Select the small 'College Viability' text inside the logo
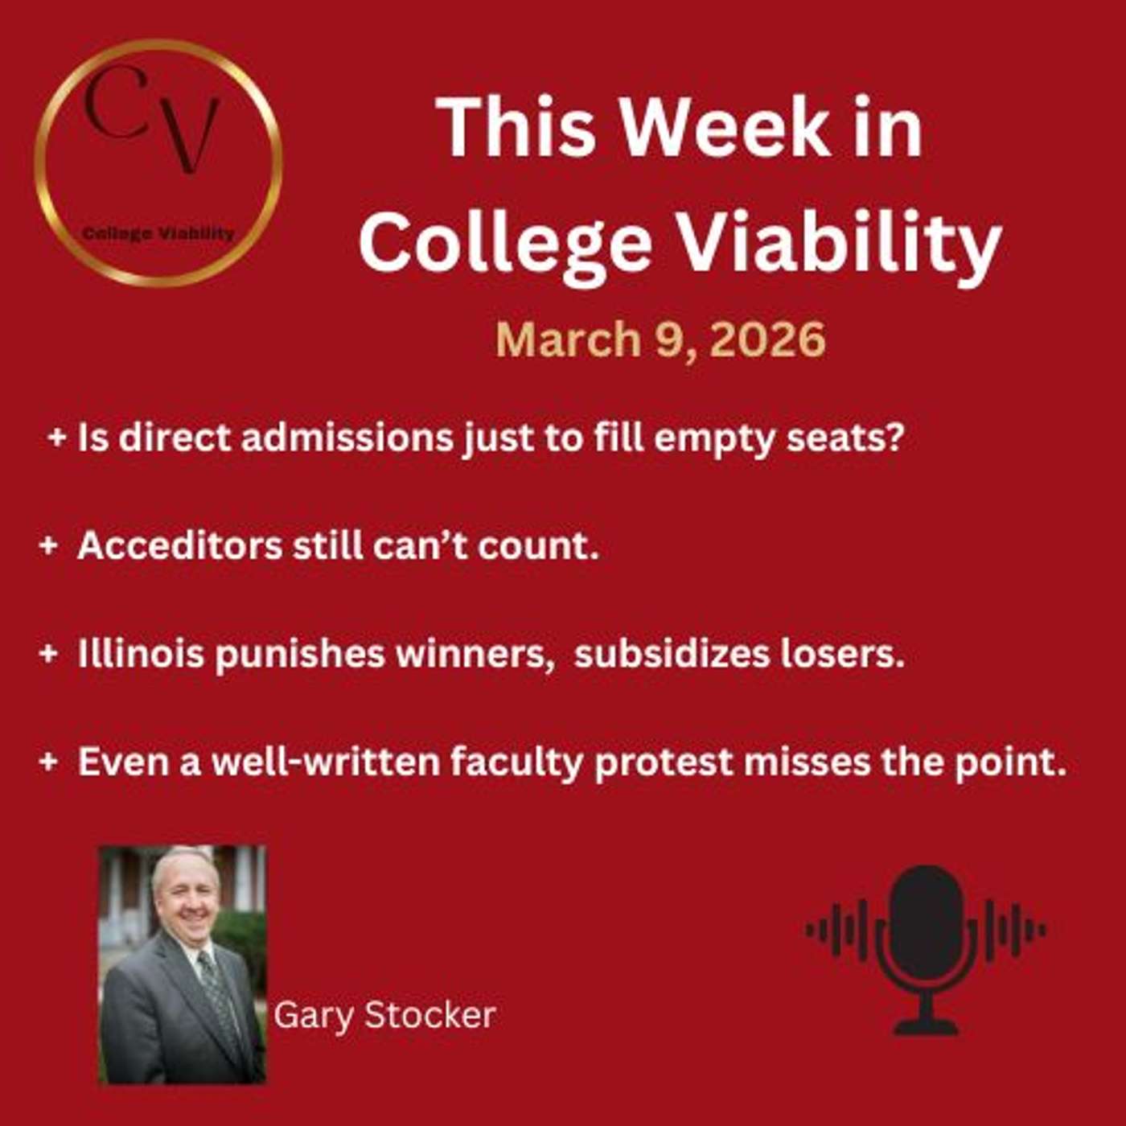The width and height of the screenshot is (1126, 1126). [158, 234]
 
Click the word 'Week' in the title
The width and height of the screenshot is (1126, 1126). [724, 129]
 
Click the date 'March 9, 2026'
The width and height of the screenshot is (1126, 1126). [660, 339]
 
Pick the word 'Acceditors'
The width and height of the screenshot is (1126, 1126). [179, 546]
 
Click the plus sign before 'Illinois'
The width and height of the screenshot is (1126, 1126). [48, 654]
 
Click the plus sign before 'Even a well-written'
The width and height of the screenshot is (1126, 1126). [48, 762]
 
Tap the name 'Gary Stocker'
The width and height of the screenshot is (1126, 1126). [384, 1015]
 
